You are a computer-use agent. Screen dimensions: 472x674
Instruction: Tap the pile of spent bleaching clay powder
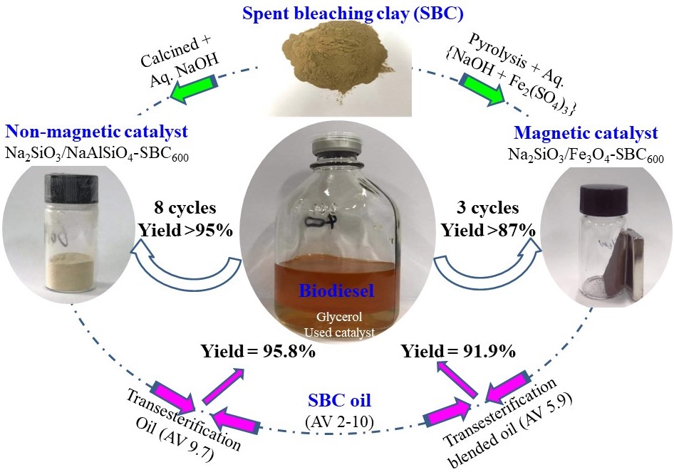point(338,68)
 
